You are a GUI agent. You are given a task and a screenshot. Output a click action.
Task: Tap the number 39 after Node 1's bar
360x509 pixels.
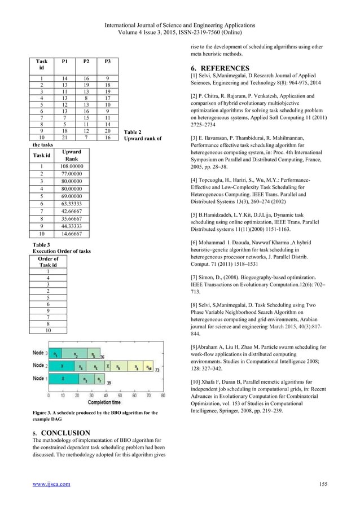[108, 383]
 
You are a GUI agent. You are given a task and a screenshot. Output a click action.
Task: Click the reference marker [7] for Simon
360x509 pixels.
[197, 278]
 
